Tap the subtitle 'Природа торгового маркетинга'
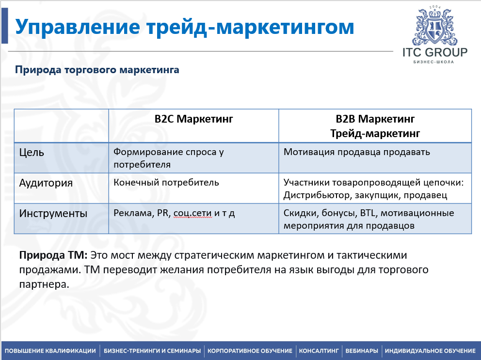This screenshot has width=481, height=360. (x=97, y=70)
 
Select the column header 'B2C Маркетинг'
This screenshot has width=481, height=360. (x=193, y=119)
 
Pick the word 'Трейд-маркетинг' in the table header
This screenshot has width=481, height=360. (x=375, y=133)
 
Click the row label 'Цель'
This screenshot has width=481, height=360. (x=32, y=153)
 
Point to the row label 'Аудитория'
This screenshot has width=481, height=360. (x=46, y=183)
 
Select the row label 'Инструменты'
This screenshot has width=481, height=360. (x=53, y=213)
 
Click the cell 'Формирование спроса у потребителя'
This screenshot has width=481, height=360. (x=168, y=158)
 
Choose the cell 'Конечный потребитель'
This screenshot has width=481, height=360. (x=166, y=183)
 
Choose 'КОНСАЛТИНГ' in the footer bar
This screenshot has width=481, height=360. (x=319, y=351)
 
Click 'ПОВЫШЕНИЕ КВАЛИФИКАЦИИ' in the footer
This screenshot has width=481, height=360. (x=50, y=351)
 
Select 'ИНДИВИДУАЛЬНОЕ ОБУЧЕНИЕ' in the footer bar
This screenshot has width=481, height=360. (x=430, y=351)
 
